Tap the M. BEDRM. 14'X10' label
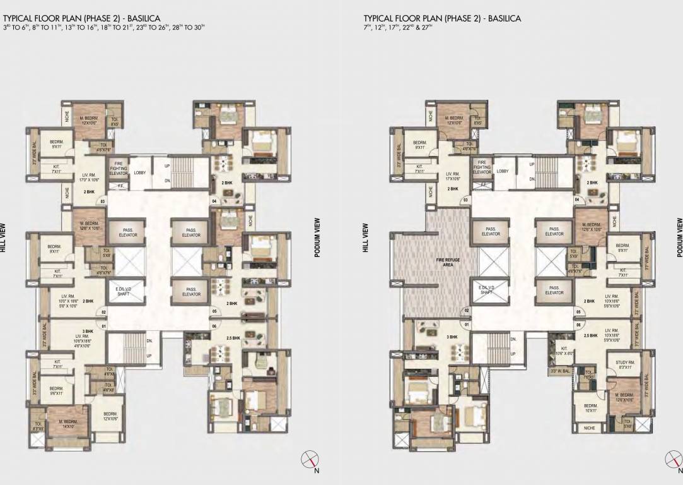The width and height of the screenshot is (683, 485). click(x=67, y=423)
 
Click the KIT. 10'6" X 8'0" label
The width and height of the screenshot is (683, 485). click(x=564, y=351)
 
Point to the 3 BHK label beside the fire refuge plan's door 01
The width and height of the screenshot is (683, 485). click(x=453, y=337)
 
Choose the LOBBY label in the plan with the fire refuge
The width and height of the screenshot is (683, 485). click(x=503, y=171)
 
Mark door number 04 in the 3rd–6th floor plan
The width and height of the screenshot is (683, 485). click(x=214, y=201)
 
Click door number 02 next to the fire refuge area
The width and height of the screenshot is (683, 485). click(x=467, y=311)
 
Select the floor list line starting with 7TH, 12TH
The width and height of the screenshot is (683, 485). click(x=395, y=27)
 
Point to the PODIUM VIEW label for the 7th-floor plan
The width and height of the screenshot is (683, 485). click(x=679, y=237)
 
